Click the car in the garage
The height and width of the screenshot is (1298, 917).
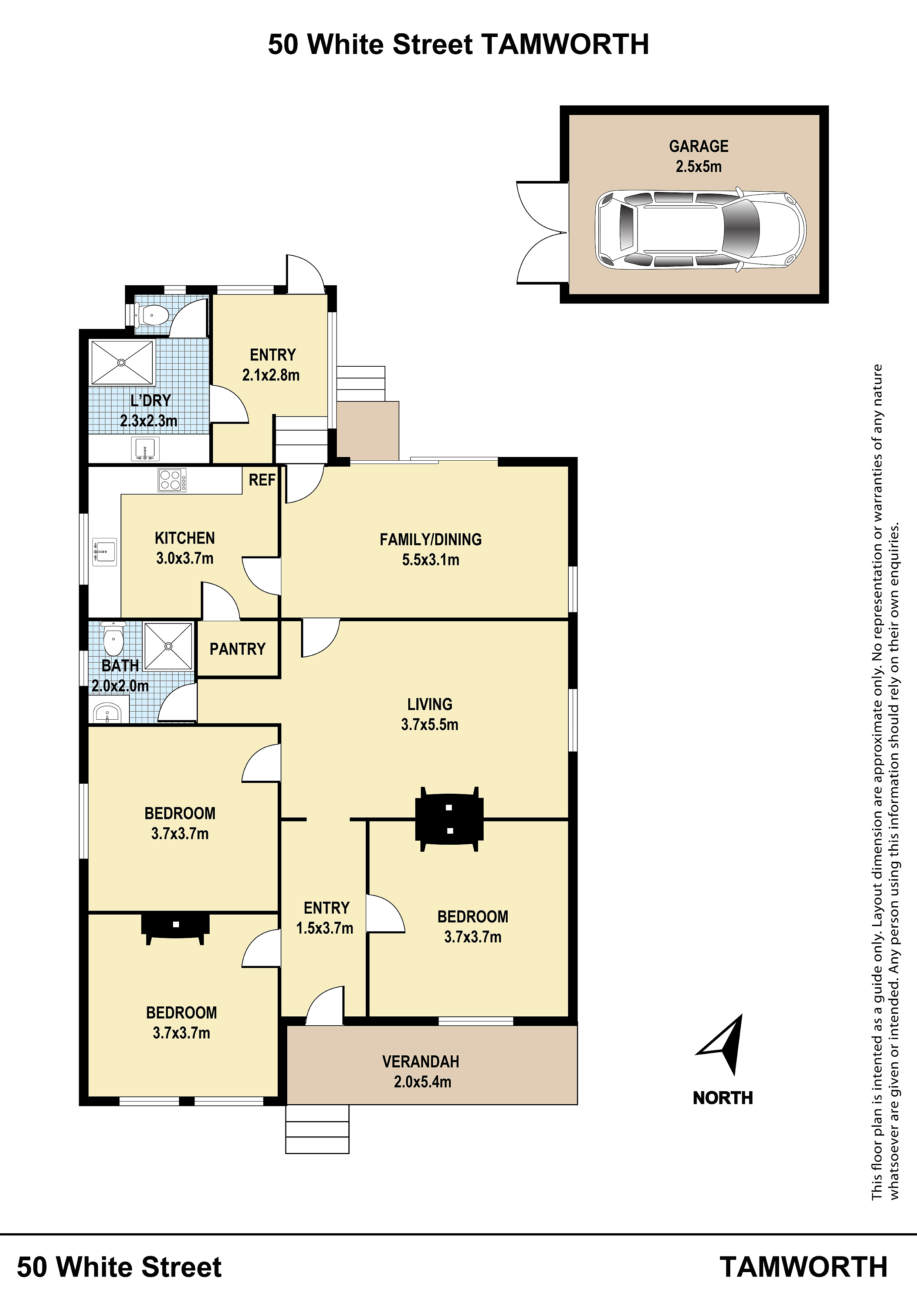700,229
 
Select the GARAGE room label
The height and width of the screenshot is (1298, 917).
699,147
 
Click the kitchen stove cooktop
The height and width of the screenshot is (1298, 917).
172,480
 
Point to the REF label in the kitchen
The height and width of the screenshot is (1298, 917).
262,480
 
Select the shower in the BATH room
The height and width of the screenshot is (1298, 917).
168,646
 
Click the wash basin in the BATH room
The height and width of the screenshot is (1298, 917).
107,713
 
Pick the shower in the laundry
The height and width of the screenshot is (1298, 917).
122,362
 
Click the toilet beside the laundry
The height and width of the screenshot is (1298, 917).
152,314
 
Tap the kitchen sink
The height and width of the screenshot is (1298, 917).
105,552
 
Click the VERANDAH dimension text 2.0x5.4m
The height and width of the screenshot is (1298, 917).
423,1082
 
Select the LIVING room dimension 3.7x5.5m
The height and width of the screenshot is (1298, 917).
430,725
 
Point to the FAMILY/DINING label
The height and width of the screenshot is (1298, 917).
430,539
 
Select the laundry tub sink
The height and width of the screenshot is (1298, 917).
145,449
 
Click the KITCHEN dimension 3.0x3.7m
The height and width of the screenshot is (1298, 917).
185,559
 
